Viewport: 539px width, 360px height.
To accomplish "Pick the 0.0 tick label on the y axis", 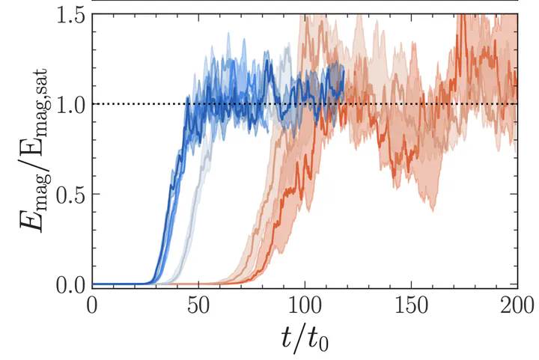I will click(x=65, y=285).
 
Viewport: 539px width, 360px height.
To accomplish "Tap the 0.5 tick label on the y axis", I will click(x=65, y=195).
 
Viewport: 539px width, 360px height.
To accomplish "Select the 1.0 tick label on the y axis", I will click(x=65, y=104).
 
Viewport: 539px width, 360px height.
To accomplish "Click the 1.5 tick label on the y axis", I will click(x=65, y=14).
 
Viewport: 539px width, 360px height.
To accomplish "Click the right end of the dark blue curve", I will click(x=343, y=75).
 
